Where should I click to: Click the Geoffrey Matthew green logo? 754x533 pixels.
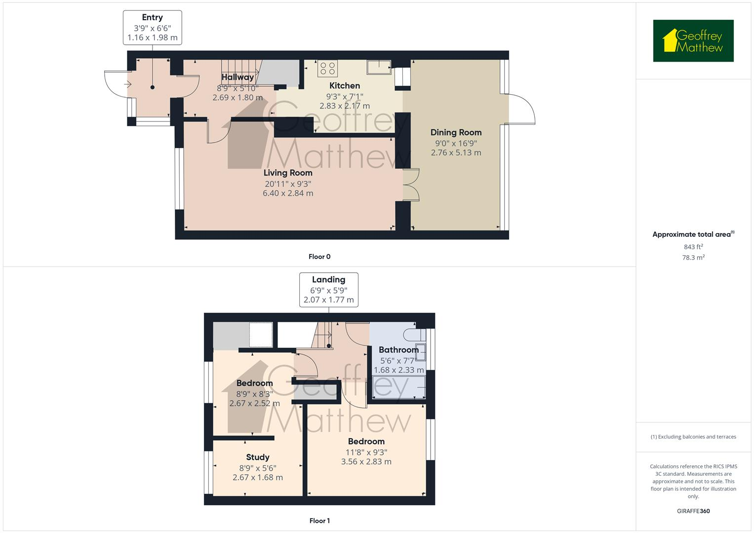[693, 41]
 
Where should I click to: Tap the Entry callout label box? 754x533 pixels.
[152, 28]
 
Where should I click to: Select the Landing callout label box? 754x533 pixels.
[328, 290]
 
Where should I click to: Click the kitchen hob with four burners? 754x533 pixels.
[327, 68]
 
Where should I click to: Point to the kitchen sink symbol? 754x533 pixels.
[379, 67]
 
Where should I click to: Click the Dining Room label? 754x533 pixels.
[456, 132]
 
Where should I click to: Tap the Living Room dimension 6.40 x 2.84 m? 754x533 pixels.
[288, 193]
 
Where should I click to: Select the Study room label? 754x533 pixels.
[258, 457]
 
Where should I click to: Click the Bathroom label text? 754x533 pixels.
[398, 349]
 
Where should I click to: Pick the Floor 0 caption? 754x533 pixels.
[319, 257]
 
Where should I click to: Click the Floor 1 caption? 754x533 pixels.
[319, 521]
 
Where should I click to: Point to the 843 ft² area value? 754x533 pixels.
[693, 247]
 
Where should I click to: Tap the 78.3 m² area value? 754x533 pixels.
[693, 258]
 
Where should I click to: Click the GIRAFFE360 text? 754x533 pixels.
[693, 511]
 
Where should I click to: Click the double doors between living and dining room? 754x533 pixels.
[411, 185]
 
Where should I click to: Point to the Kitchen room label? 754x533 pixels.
[345, 86]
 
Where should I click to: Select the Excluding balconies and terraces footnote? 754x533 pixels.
[693, 437]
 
